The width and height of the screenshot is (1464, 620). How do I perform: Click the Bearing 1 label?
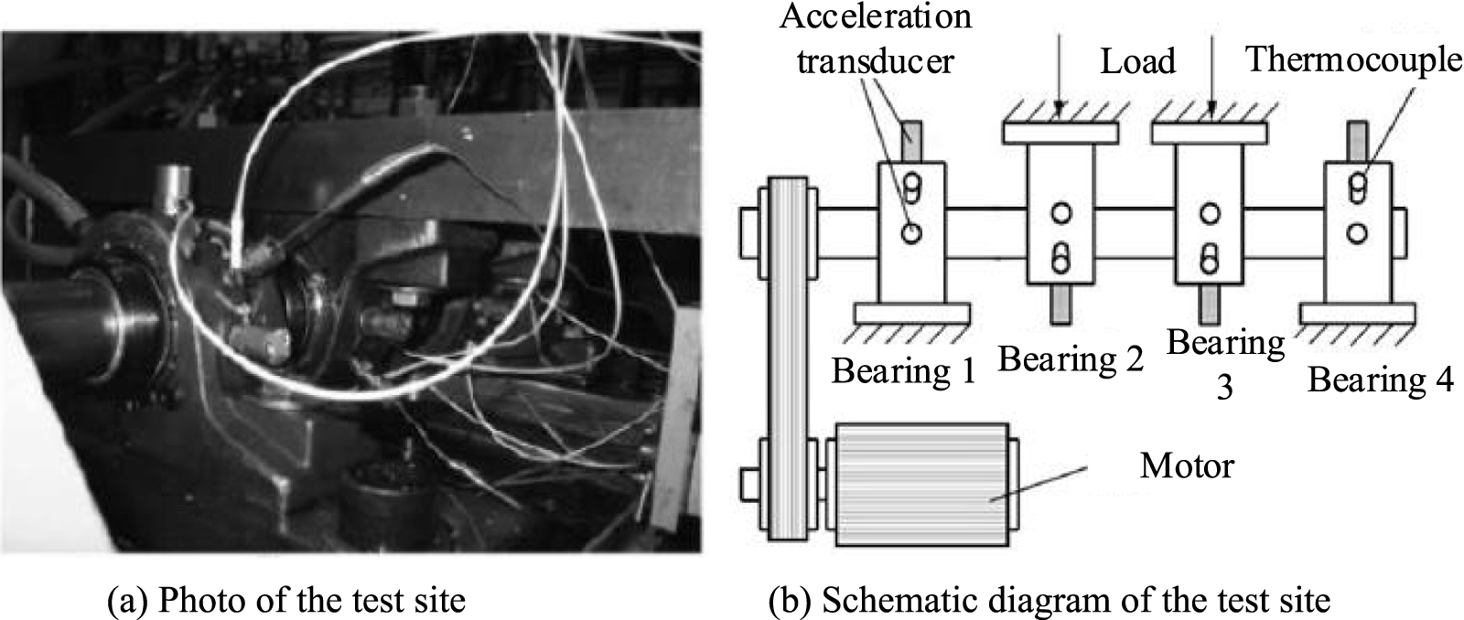[x=903, y=370]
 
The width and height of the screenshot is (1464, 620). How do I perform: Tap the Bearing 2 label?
[x=1071, y=358]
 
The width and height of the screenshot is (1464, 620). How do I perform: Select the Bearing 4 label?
[x=1380, y=379]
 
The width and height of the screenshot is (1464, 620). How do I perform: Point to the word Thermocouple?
[x=1353, y=59]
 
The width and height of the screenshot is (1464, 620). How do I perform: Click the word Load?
[x=1137, y=61]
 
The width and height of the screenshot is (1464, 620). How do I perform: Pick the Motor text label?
[x=1186, y=466]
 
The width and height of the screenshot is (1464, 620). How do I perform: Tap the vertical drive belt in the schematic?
[x=788, y=357]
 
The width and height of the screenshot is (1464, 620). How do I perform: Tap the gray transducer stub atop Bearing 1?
[x=910, y=143]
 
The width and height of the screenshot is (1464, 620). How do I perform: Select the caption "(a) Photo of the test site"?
[x=286, y=600]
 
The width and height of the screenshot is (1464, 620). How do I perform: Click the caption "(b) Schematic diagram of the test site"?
[x=1048, y=600]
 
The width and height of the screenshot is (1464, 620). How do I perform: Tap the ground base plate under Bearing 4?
[x=1359, y=313]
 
